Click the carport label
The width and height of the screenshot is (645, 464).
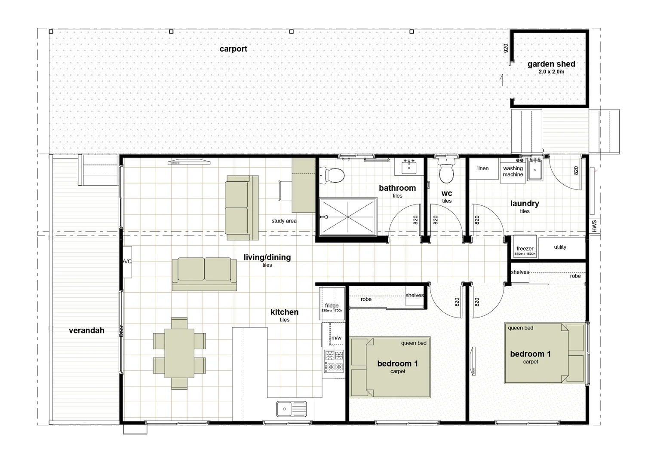pos(233,49)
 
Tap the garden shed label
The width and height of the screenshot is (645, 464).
pos(551,64)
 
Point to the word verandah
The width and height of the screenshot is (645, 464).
pos(86,330)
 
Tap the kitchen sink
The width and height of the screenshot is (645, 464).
pos(292,409)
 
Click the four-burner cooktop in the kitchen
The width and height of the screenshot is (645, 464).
pos(334,361)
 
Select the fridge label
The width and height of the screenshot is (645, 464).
pos(332,305)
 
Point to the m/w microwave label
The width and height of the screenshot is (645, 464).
pos(336,338)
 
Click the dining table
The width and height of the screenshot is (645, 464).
pos(179,353)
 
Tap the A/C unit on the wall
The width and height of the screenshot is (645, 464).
pos(127,262)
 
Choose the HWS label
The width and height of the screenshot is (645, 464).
pos(594,226)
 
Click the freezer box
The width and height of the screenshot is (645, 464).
pos(525,247)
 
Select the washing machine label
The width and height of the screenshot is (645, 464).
pos(513,171)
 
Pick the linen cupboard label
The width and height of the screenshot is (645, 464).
pos(483,168)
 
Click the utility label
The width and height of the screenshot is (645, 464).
pos(560,247)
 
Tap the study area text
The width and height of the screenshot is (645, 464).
pos(284,221)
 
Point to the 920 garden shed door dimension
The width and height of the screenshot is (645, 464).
pos(506,48)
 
